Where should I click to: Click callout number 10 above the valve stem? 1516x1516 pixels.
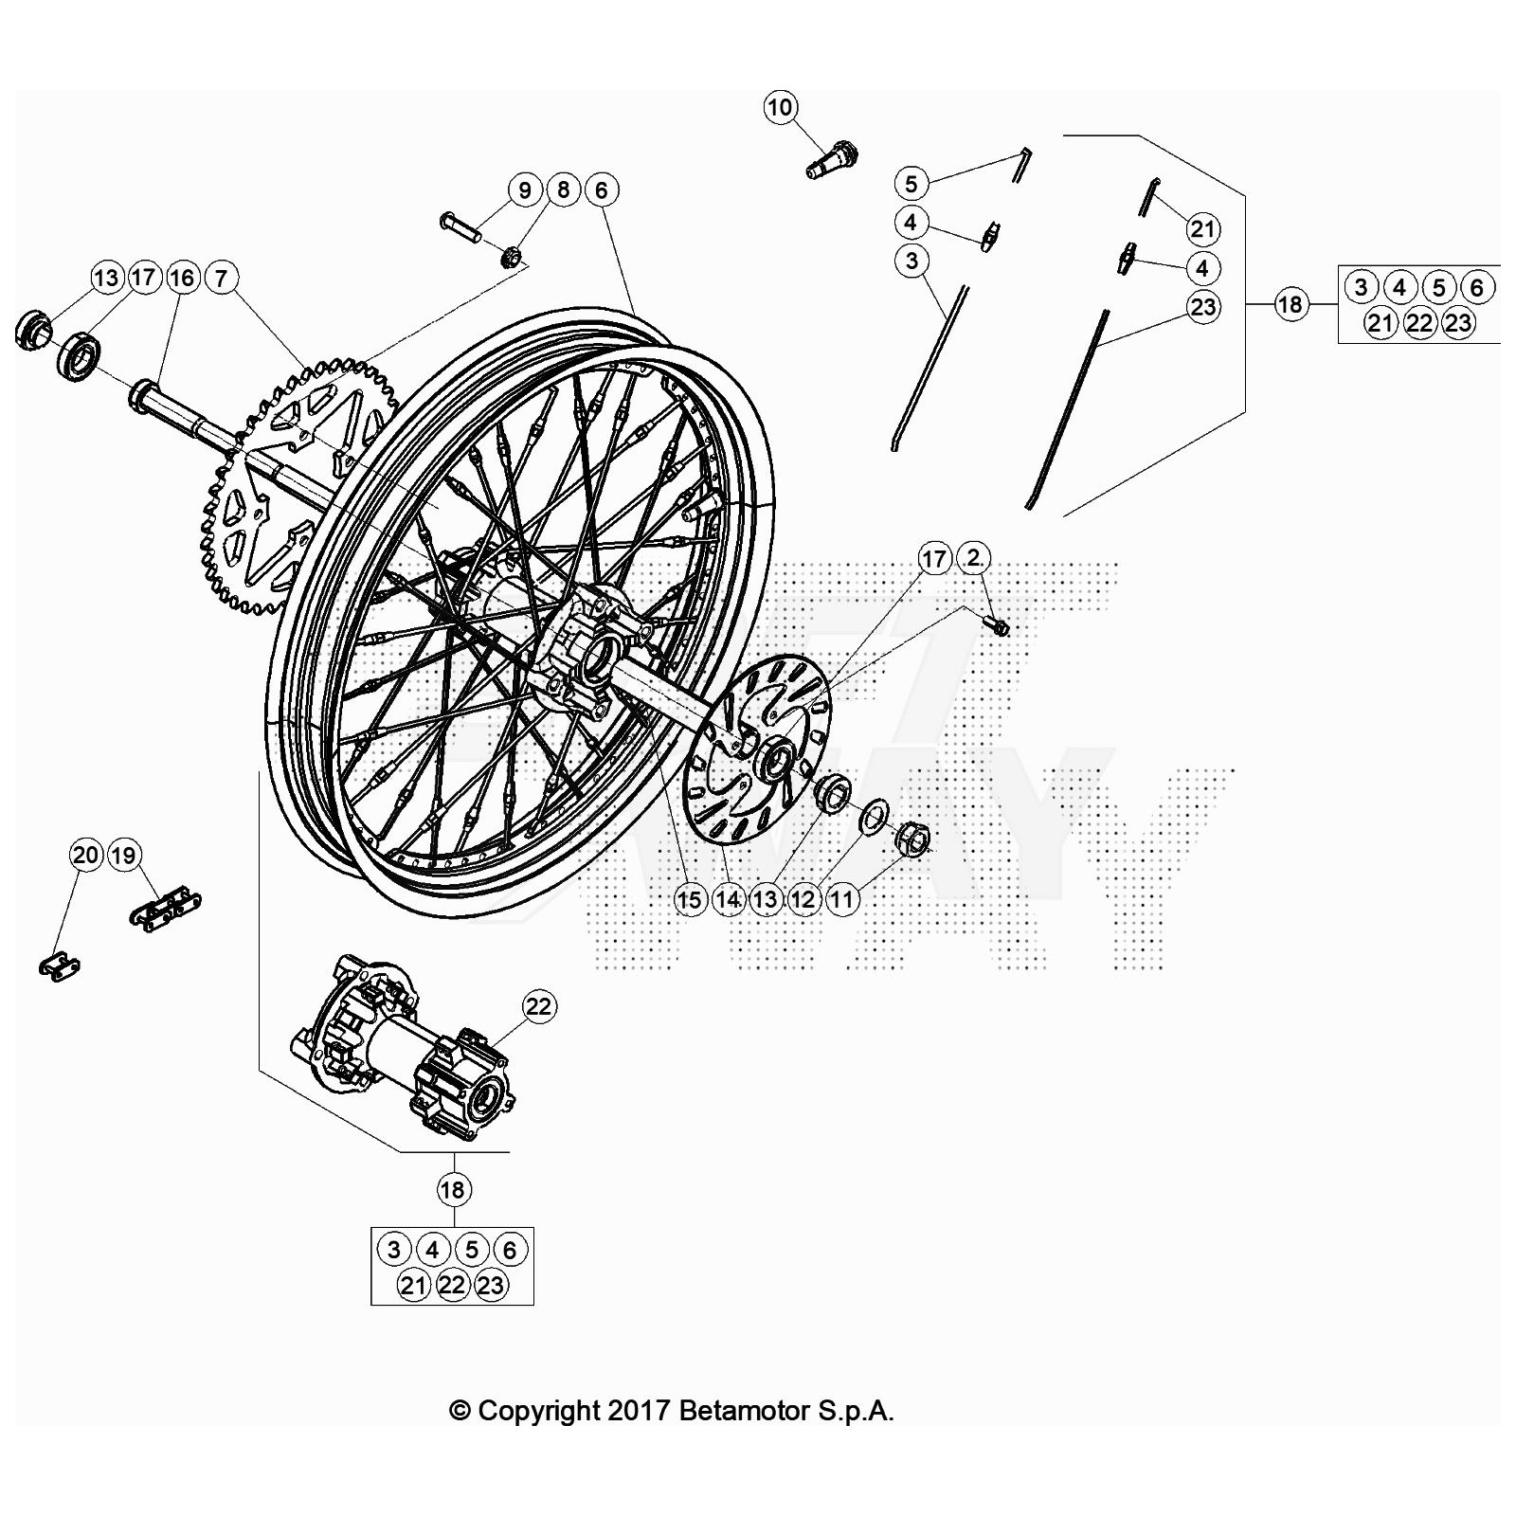pyautogui.click(x=780, y=107)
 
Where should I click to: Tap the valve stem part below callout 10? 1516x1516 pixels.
pyautogui.click(x=833, y=158)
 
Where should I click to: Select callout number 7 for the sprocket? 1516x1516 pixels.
pyautogui.click(x=221, y=278)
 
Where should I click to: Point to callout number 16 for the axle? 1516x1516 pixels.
pyautogui.click(x=182, y=278)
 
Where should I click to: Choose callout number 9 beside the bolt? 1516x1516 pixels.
pyautogui.click(x=524, y=189)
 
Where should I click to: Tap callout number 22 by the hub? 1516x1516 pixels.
pyautogui.click(x=538, y=1006)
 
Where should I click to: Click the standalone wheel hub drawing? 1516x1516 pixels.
pyautogui.click(x=403, y=1052)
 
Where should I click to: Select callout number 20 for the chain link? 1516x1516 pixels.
pyautogui.click(x=85, y=856)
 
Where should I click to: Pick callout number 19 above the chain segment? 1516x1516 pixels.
pyautogui.click(x=124, y=856)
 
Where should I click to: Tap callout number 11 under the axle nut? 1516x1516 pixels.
pyautogui.click(x=841, y=899)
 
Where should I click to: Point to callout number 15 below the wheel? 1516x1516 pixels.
pyautogui.click(x=690, y=899)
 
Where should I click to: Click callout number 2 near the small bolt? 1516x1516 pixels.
pyautogui.click(x=974, y=559)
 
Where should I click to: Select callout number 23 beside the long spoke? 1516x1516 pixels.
pyautogui.click(x=1202, y=307)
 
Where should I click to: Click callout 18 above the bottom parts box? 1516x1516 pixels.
pyautogui.click(x=453, y=1189)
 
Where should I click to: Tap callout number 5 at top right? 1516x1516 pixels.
pyautogui.click(x=911, y=183)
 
